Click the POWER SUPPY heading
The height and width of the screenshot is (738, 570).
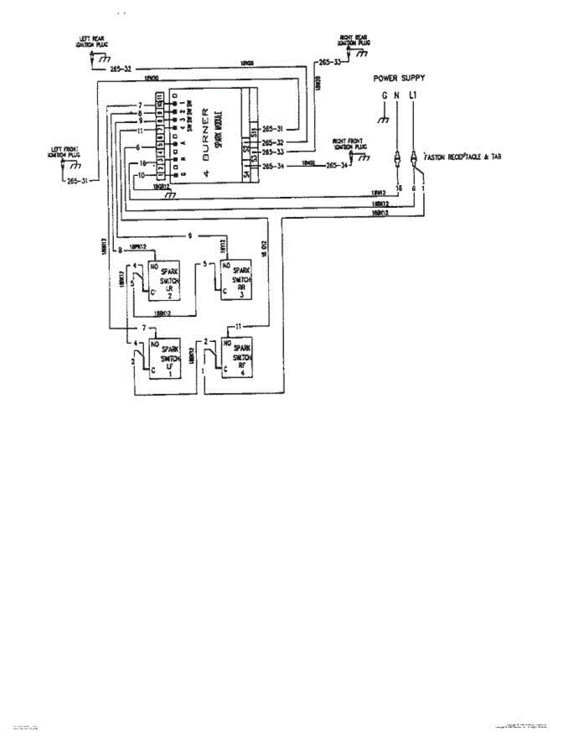399,78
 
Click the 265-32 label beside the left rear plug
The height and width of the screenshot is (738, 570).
121,69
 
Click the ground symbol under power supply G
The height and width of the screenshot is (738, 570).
384,121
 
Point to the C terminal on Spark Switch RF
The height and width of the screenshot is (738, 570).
226,368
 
